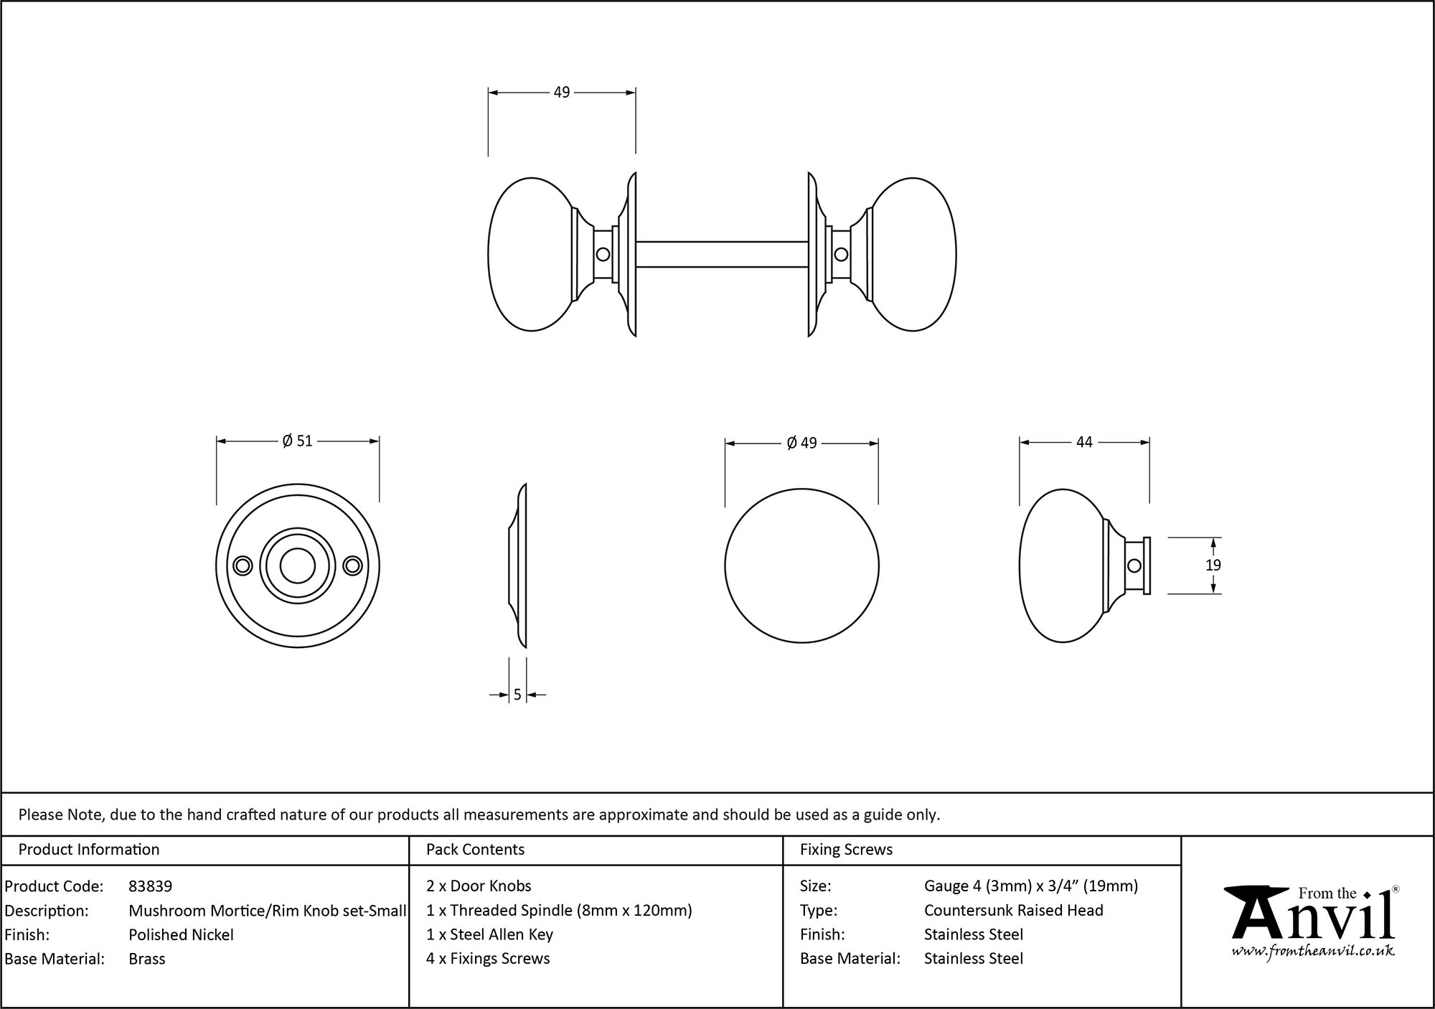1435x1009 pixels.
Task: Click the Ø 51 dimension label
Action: point(298,441)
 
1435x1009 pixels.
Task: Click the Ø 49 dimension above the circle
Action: point(801,443)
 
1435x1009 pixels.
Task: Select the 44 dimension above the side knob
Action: point(1083,442)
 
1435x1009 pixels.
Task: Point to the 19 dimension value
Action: point(1213,565)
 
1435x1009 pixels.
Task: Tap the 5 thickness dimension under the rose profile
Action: point(517,695)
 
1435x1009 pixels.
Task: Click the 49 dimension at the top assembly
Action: point(561,92)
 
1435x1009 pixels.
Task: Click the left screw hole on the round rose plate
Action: point(243,566)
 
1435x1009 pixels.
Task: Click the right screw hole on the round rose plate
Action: point(352,566)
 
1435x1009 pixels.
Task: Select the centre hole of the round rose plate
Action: point(297,566)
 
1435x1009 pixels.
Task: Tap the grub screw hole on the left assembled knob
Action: point(603,254)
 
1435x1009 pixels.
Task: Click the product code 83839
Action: point(150,886)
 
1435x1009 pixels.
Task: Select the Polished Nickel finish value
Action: point(181,934)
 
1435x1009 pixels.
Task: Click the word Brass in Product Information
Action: point(146,959)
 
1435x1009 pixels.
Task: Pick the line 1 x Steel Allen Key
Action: point(489,934)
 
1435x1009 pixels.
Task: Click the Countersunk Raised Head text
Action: point(1013,910)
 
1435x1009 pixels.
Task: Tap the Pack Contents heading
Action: point(475,850)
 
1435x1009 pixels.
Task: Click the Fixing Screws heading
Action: point(846,850)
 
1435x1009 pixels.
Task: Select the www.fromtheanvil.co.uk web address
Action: point(1312,951)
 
